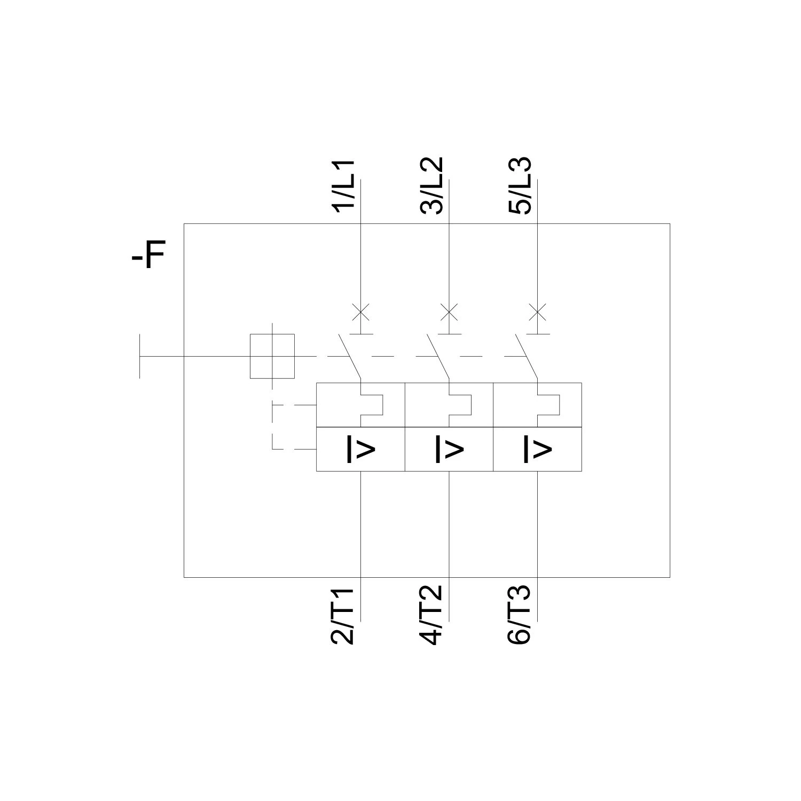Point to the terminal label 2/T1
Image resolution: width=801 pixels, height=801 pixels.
(x=344, y=616)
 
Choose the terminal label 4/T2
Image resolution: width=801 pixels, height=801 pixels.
(x=432, y=616)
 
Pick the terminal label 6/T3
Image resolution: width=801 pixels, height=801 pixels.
(x=520, y=616)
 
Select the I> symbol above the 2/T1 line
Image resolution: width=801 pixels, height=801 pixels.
(x=362, y=449)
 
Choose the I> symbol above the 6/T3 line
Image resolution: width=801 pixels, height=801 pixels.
(x=537, y=449)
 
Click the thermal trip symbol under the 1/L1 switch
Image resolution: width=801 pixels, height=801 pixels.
(x=372, y=405)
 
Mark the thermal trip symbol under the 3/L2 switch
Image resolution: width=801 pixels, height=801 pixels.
(x=460, y=405)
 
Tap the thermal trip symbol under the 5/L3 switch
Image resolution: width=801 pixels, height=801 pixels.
(x=548, y=405)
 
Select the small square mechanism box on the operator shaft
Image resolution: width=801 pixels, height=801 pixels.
(x=272, y=356)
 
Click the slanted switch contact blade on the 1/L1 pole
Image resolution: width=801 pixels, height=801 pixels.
(x=350, y=357)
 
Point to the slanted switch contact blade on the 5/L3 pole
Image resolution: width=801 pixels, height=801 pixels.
(x=526, y=357)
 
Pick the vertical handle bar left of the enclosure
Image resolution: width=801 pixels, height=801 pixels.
(x=140, y=356)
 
